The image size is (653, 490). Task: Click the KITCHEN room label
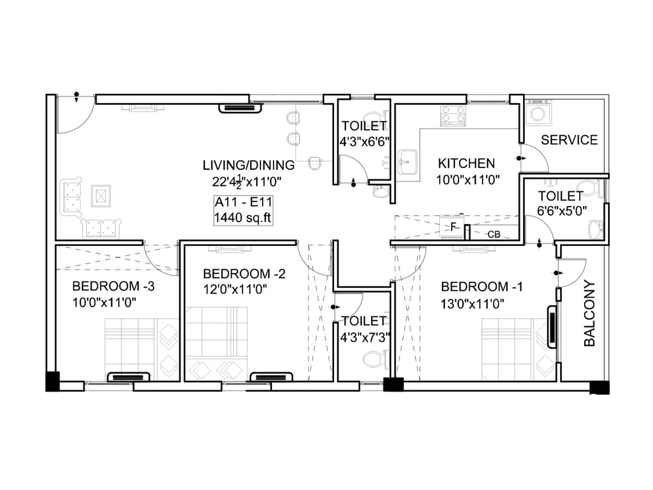coord(466,163)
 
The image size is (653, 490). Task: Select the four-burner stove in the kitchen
coord(453,115)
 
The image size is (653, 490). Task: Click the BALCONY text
coord(589,313)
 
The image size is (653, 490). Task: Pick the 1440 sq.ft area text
coord(242,218)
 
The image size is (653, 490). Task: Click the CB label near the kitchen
coord(494,234)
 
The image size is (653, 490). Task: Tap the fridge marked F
coord(452,227)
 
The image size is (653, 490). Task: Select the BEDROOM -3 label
coord(113,286)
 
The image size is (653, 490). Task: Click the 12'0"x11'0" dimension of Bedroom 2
coord(235,290)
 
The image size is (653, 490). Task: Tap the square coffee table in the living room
coord(101,196)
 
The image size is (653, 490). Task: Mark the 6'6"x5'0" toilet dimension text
coord(562,211)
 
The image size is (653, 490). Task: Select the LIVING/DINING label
coord(249,165)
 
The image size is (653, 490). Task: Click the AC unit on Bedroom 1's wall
coord(552,327)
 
